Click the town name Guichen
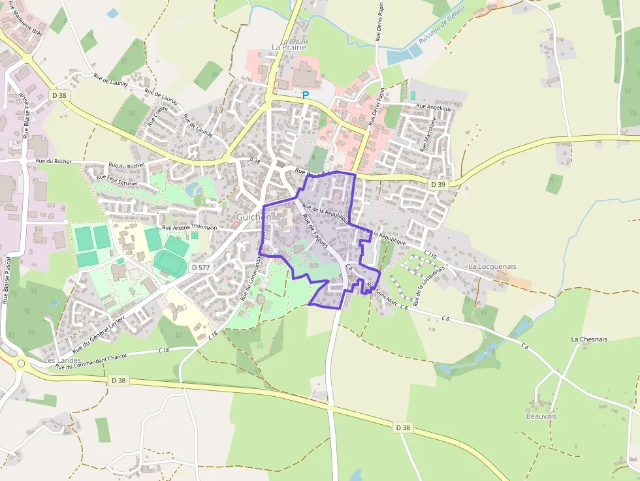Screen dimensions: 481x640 [253, 216]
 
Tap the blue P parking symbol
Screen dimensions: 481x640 [305, 95]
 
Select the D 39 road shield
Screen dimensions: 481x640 [438, 185]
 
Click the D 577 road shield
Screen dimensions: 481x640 [200, 268]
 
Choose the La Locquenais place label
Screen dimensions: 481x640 [492, 266]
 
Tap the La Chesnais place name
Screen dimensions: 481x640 [590, 339]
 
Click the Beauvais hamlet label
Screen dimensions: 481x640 [542, 415]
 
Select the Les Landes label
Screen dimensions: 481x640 [62, 360]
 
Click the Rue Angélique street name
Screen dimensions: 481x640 [434, 107]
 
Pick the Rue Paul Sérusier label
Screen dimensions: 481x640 [118, 179]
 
